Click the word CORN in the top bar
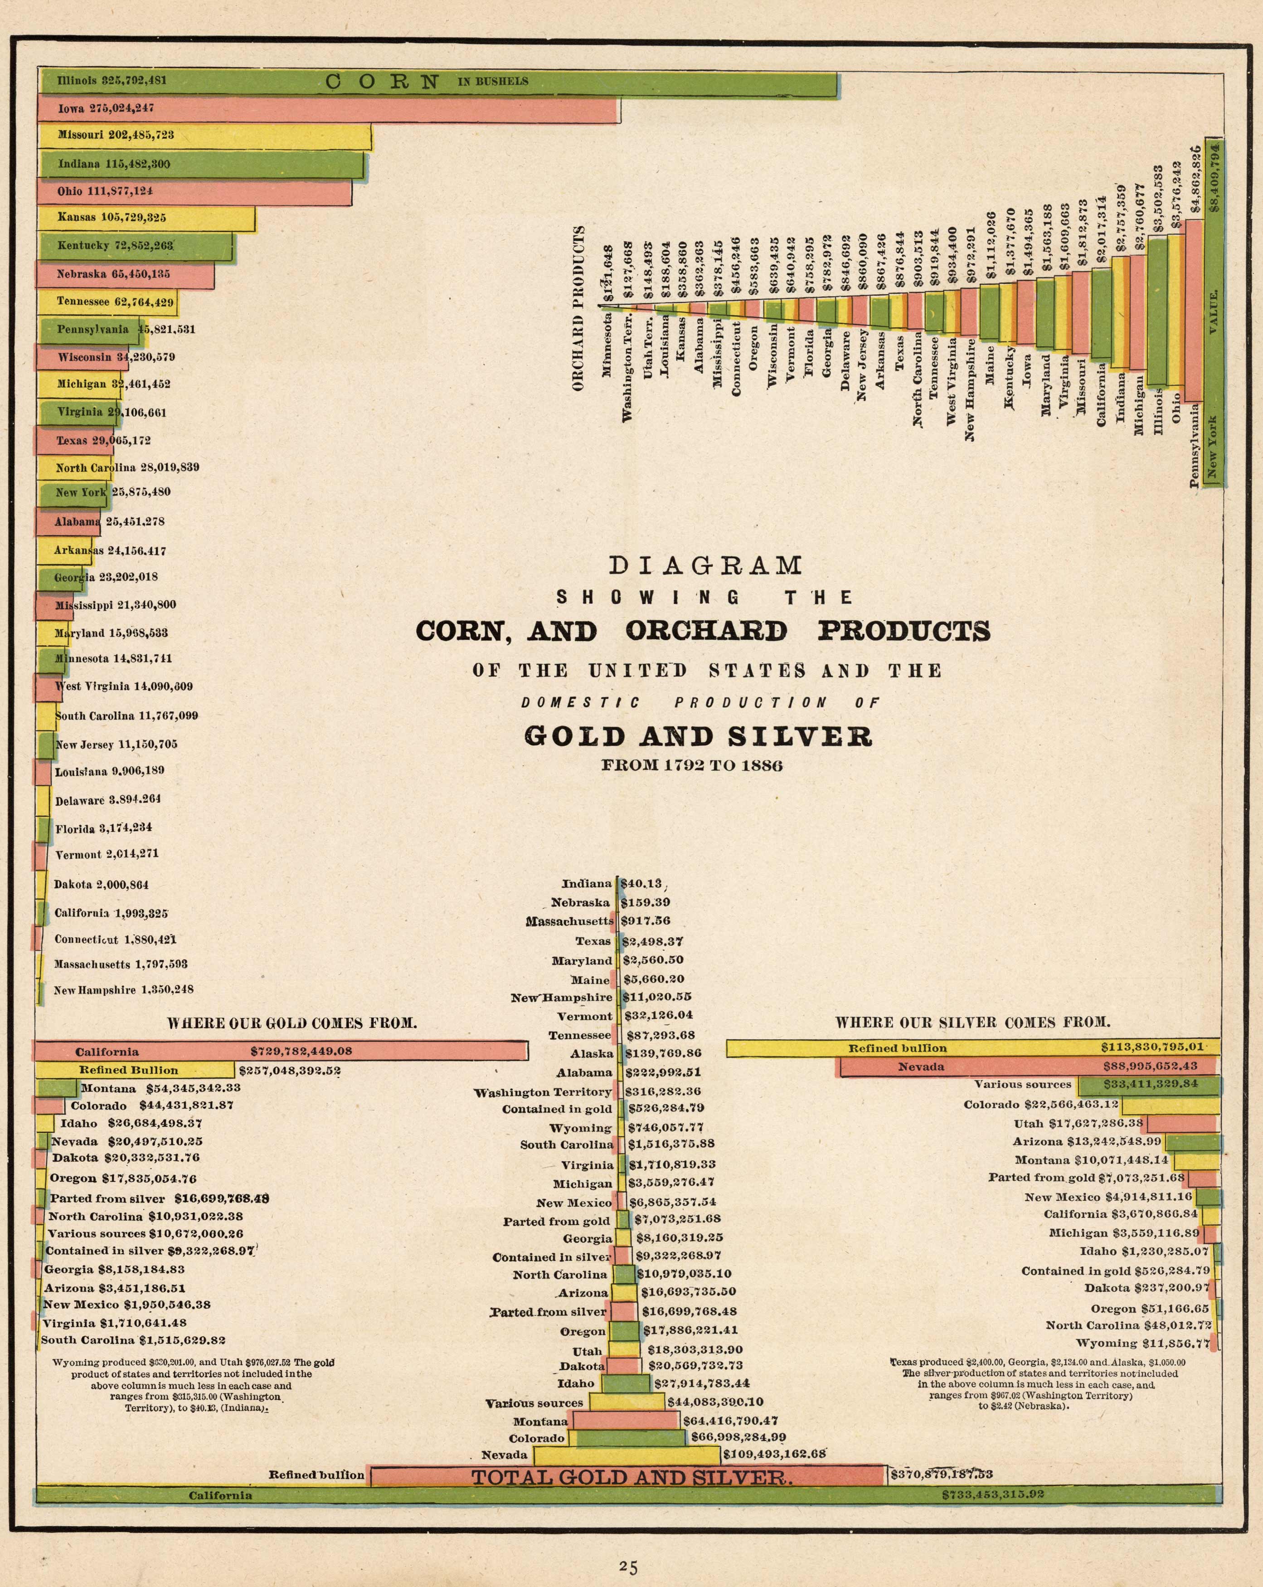[x=382, y=82]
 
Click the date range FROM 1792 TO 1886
[x=692, y=765]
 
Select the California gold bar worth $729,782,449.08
[x=280, y=1051]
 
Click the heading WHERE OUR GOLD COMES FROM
[x=292, y=1023]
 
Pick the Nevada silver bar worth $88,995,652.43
[x=1027, y=1066]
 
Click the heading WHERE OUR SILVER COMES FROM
[x=972, y=1022]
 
